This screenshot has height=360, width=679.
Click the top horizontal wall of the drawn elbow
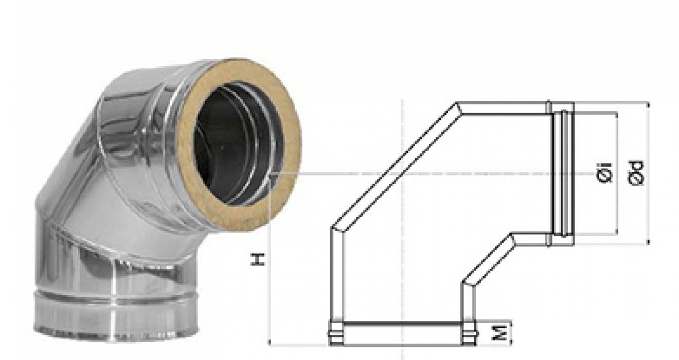pyautogui.click(x=502, y=107)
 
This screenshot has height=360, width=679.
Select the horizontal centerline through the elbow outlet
pyautogui.click(x=442, y=174)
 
